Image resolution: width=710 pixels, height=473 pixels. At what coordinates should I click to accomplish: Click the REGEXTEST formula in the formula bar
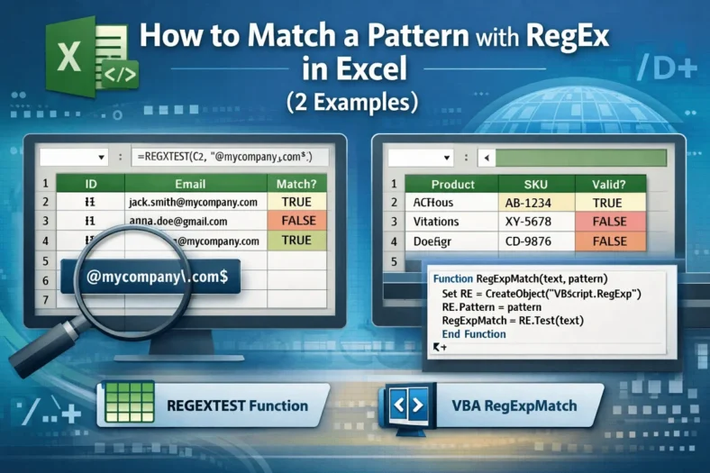pos(231,156)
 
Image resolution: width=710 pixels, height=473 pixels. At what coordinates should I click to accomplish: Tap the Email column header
pos(198,184)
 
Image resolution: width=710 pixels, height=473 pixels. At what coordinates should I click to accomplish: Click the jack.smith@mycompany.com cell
pos(194,203)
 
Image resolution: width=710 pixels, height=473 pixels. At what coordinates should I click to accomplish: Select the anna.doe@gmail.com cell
pos(178,222)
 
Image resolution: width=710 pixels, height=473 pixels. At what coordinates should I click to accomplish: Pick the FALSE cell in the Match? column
pos(296,222)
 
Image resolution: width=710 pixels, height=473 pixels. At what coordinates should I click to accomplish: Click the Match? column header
pos(296,184)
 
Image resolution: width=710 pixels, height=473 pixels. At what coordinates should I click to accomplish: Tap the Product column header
pos(452,184)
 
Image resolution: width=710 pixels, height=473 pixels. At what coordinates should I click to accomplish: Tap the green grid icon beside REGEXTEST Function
pos(121,405)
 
